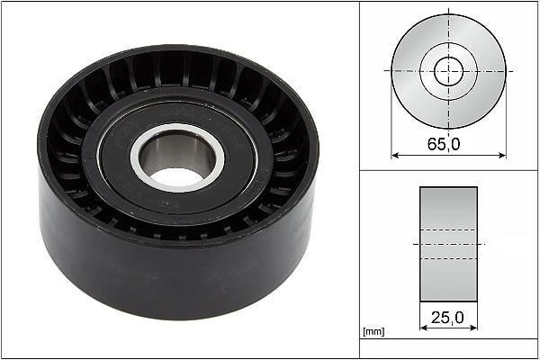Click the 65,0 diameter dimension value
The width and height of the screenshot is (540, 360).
pos(444,144)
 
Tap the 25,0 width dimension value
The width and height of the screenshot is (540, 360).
pos(447,318)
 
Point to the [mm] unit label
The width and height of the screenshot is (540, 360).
pos(373,331)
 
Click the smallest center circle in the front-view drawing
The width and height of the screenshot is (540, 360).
pos(448,71)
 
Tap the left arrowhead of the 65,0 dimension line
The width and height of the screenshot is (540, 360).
pos(395,156)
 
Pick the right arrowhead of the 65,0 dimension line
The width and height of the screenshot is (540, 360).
pos(502,156)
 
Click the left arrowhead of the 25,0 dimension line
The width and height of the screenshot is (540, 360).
pos(424,328)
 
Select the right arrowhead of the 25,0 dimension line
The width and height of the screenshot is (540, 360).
pos(473,328)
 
